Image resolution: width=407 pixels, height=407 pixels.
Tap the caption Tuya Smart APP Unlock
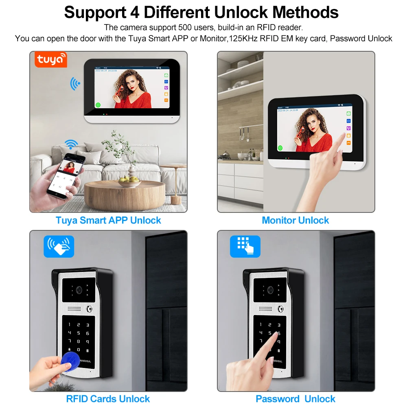pos(108,220)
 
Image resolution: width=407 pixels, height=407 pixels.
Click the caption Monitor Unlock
pos(295,220)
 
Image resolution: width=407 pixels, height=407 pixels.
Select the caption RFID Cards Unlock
pos(108,399)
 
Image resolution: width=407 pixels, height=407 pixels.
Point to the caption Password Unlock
pos(295,399)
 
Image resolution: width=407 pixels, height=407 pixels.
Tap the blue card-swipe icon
pos(59,247)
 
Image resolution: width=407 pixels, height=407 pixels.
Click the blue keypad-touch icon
pos(245,247)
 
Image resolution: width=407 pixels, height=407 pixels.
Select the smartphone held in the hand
pos(66,175)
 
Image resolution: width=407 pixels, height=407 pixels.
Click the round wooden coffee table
pos(124,193)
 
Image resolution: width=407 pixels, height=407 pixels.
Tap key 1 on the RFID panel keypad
pos(70,325)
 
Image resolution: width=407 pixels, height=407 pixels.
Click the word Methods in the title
pos(306,12)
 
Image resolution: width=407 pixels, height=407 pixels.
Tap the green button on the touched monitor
pos(280,149)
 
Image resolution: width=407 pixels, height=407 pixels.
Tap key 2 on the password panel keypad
pos(269,324)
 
